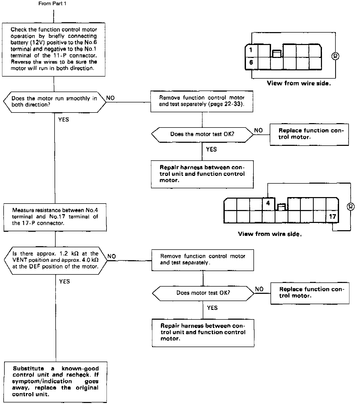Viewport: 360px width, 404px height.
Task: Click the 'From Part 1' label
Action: click(x=52, y=4)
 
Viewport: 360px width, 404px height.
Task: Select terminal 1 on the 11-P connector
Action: click(x=251, y=50)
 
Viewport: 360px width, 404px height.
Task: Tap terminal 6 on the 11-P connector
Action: click(x=251, y=63)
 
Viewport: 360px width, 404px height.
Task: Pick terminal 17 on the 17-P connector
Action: click(x=332, y=216)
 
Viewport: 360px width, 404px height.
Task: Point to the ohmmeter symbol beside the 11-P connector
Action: click(x=335, y=56)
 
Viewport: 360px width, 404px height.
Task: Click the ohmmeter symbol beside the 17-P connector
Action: click(x=351, y=206)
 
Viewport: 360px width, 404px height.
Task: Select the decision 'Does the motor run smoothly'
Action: click(x=55, y=102)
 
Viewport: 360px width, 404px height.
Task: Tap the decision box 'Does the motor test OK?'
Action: click(x=202, y=134)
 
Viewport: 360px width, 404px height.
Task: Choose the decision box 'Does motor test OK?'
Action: click(x=203, y=293)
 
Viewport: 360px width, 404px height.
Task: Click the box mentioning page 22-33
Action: click(x=202, y=101)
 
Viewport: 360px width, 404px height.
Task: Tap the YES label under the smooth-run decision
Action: click(x=64, y=120)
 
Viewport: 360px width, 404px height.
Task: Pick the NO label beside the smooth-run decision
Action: click(x=110, y=98)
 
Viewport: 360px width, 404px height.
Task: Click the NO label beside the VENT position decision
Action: click(x=112, y=257)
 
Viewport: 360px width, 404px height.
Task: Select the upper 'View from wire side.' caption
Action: click(x=299, y=83)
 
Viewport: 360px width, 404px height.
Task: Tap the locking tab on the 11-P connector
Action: click(x=277, y=54)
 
